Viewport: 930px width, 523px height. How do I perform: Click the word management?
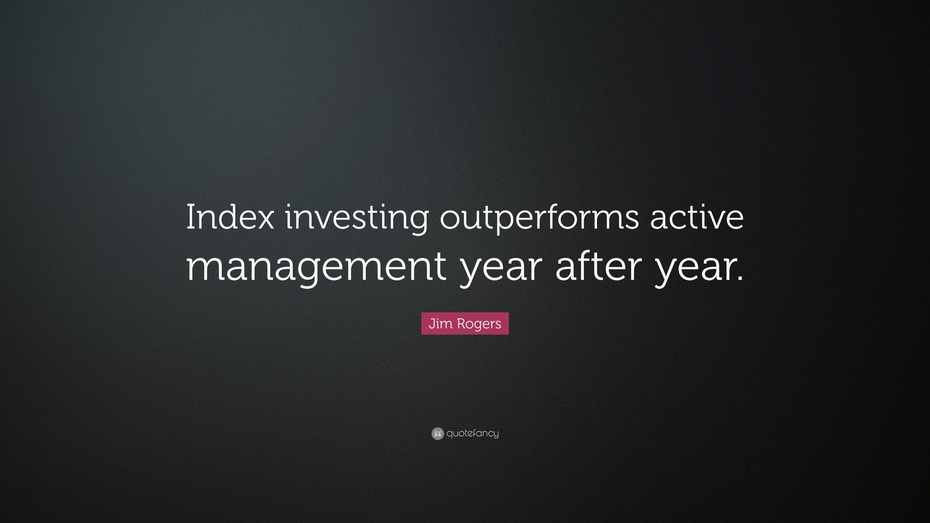tap(316, 269)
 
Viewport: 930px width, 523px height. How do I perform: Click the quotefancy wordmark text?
tap(473, 433)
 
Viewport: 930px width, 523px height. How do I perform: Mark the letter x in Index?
tap(263, 221)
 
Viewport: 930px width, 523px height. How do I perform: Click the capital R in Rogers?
tap(461, 323)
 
